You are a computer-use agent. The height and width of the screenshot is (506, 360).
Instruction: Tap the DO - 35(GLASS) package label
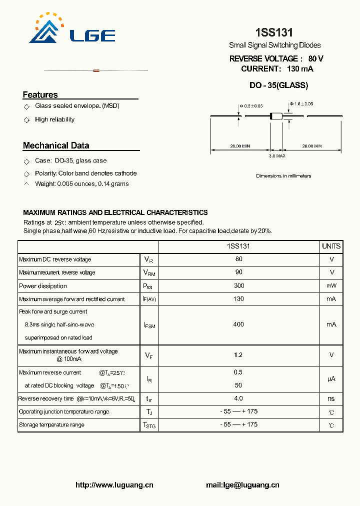pyautogui.click(x=278, y=85)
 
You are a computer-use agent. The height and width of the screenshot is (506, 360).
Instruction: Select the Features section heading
pyautogui.click(x=40, y=94)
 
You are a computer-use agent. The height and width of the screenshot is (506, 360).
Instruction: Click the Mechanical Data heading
pyautogui.click(x=56, y=145)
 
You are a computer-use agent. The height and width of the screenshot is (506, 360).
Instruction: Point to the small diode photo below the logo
pyautogui.click(x=96, y=70)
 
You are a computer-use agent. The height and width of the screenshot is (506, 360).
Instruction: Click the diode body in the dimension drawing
pyautogui.click(x=276, y=116)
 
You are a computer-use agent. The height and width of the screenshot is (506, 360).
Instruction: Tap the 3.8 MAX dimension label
pyautogui.click(x=277, y=156)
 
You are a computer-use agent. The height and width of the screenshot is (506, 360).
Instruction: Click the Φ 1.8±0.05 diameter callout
pyautogui.click(x=301, y=104)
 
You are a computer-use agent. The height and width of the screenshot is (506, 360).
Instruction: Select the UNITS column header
pyautogui.click(x=331, y=246)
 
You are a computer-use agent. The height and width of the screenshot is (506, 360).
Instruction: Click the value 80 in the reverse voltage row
pyautogui.click(x=238, y=259)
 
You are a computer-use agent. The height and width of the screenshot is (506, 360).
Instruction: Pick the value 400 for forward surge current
pyautogui.click(x=238, y=324)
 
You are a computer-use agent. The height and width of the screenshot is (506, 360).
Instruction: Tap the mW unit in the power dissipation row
pyautogui.click(x=331, y=286)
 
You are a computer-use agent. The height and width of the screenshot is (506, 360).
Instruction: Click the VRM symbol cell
pyautogui.click(x=149, y=272)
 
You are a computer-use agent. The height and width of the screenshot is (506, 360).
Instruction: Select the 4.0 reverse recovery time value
pyautogui.click(x=238, y=398)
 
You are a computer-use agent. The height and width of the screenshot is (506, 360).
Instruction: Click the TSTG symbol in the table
pyautogui.click(x=149, y=425)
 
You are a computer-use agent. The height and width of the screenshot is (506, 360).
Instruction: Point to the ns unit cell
pyautogui.click(x=331, y=398)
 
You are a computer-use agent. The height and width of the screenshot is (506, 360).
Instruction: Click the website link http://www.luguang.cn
pyautogui.click(x=114, y=484)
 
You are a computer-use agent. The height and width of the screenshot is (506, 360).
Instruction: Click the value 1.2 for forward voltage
pyautogui.click(x=238, y=355)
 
